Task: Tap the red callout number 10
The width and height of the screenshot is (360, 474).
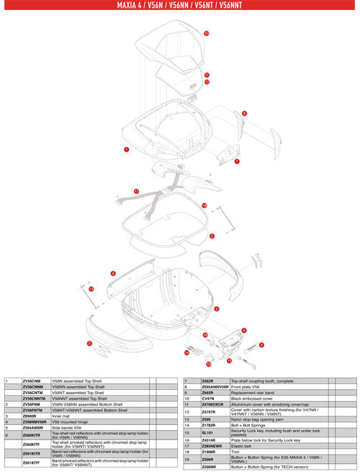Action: click(x=206, y=34)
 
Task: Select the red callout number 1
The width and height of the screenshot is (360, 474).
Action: click(x=126, y=150)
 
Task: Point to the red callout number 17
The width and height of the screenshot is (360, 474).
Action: click(x=135, y=191)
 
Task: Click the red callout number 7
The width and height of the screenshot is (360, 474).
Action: click(x=237, y=162)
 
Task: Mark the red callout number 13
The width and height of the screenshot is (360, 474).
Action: click(x=91, y=289)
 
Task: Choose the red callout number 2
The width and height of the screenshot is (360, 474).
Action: click(x=217, y=308)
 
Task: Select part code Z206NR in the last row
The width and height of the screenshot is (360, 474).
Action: click(x=211, y=467)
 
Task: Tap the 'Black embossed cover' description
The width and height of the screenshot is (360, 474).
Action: click(x=252, y=396)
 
